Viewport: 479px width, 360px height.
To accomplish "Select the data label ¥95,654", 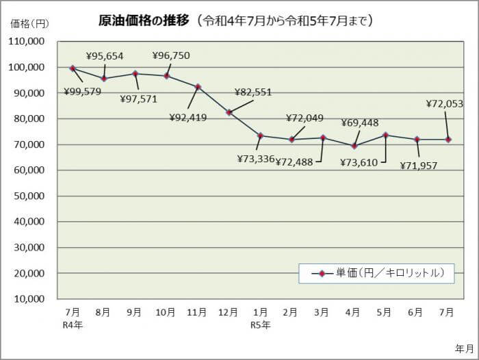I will pos(105,56).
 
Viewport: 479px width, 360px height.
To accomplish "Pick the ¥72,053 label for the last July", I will pos(445,104).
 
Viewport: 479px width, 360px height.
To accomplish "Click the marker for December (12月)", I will pos(229,112).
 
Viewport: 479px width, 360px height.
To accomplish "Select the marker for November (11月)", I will pos(198,87).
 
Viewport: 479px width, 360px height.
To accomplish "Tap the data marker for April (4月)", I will pos(354,146).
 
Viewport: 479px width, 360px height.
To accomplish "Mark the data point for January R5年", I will pos(260,136).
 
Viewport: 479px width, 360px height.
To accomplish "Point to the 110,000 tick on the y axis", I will pos(27,41).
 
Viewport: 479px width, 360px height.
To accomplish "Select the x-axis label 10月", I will pos(166,312).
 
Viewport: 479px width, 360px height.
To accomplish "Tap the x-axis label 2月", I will pos(290,312).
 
